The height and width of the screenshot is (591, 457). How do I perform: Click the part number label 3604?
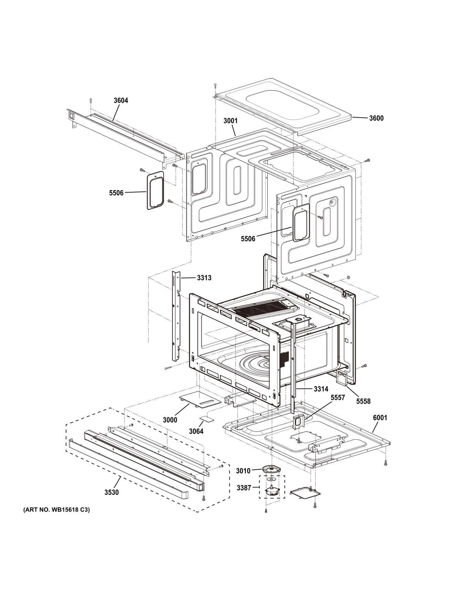(121, 100)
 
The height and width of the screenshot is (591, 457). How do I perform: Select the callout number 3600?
(376, 118)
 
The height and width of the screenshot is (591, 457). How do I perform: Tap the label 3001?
(230, 121)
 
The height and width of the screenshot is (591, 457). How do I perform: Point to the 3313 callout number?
(204, 278)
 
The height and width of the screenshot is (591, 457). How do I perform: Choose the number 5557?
(338, 397)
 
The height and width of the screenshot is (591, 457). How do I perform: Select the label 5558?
(363, 401)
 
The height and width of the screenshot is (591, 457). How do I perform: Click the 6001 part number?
(380, 418)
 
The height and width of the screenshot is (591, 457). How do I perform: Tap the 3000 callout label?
(170, 420)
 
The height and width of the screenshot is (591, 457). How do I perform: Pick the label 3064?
(196, 431)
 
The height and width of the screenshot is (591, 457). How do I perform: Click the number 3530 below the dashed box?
(111, 492)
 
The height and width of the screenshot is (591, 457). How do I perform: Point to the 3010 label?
(243, 471)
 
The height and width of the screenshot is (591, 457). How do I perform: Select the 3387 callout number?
(244, 488)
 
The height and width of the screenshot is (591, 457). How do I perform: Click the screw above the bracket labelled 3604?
(91, 100)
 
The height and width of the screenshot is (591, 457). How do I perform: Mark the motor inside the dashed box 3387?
(272, 491)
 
